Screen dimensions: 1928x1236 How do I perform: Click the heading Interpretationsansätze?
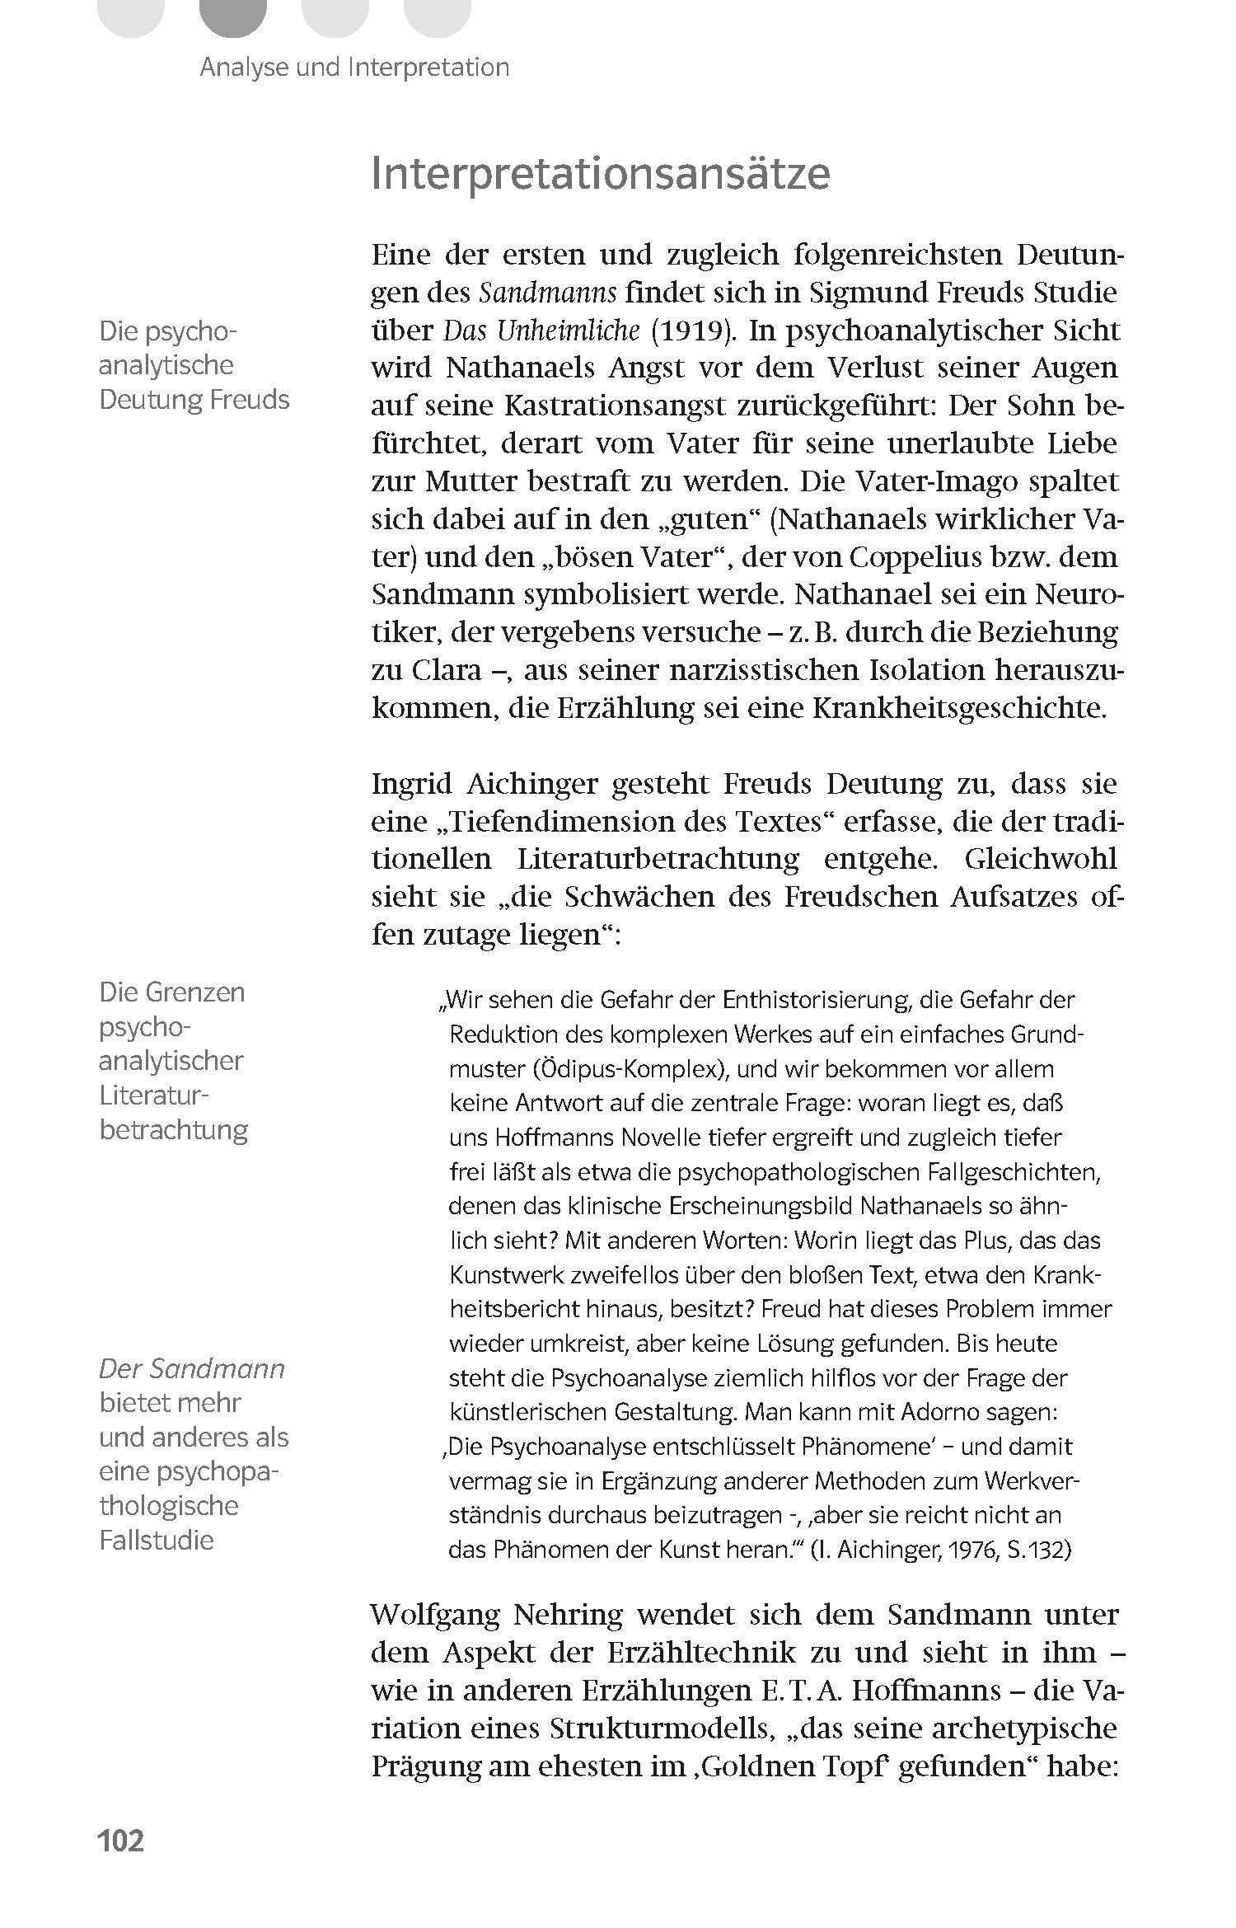[x=600, y=174]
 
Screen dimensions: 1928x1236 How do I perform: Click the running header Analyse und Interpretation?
[x=354, y=67]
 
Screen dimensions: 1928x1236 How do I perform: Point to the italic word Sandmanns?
[x=548, y=293]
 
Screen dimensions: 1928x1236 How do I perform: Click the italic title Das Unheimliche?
[x=541, y=331]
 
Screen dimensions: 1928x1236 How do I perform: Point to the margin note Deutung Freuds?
[x=194, y=399]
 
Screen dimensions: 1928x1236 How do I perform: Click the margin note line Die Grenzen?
[x=172, y=992]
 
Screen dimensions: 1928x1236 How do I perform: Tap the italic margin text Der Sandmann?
[x=192, y=1369]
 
